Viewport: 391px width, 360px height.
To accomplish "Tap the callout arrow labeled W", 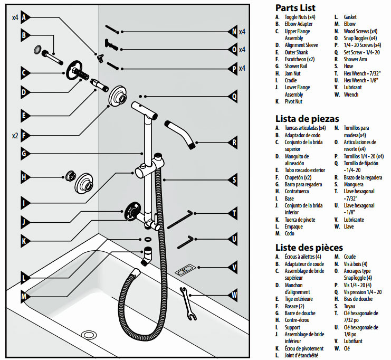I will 234,295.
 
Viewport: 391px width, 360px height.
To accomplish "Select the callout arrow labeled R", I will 234,142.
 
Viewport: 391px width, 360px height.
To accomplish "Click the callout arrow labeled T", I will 234,214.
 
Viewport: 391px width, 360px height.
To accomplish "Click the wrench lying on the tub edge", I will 187,304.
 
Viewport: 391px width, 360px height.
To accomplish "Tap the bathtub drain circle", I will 90,335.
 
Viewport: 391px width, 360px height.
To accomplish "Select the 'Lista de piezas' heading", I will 307,118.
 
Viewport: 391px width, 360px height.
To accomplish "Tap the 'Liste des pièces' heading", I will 309,247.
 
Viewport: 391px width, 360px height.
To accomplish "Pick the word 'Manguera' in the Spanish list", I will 353,185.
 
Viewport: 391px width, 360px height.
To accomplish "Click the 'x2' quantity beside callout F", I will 15,136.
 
